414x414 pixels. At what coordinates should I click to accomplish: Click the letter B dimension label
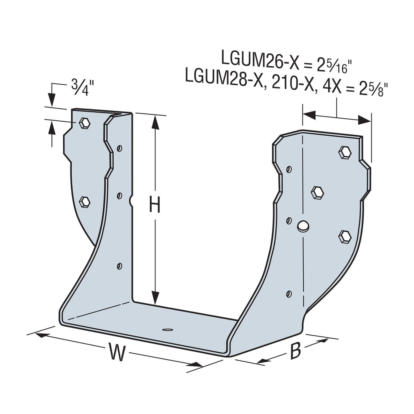coord(295,351)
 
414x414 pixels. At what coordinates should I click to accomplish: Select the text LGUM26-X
coord(258,58)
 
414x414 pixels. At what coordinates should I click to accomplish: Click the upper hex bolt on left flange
coord(85,123)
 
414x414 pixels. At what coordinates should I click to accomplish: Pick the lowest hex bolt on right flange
coord(345,236)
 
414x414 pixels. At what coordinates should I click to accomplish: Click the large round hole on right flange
coord(303,226)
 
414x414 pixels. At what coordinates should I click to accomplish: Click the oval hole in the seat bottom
coord(167,330)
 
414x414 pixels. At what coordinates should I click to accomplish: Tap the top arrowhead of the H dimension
coord(155,122)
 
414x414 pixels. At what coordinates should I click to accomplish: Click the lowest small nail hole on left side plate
coord(120,266)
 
